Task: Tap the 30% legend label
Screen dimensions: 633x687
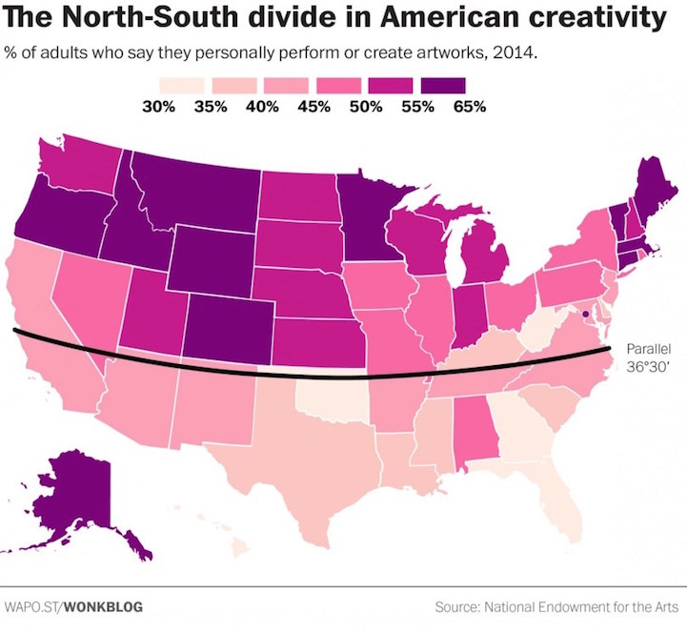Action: [158, 106]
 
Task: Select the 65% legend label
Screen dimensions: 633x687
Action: [469, 106]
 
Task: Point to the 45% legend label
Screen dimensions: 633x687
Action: [313, 106]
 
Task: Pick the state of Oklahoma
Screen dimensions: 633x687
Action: [333, 397]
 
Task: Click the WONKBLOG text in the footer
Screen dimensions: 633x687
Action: [96, 606]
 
